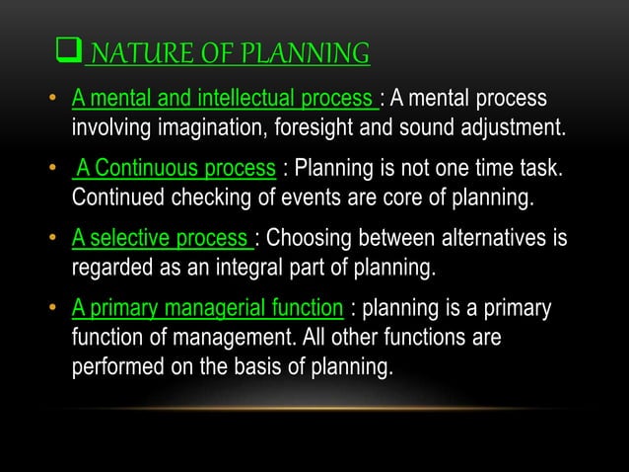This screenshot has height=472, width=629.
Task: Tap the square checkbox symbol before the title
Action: click(71, 52)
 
